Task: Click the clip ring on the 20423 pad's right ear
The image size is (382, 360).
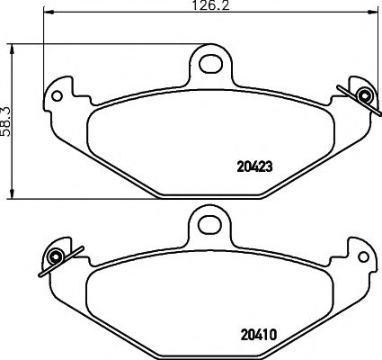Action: point(364,94)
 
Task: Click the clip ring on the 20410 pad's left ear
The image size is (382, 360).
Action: point(56,257)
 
